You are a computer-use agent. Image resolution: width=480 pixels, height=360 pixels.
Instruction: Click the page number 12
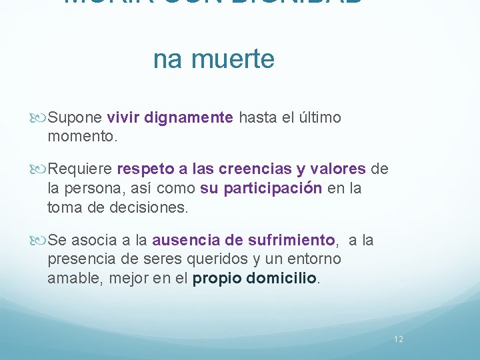point(399,339)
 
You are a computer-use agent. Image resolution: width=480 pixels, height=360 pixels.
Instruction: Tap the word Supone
point(75,118)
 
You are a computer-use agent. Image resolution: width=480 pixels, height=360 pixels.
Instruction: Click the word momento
point(81,137)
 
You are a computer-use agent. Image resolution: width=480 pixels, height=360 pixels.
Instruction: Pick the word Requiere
point(81,169)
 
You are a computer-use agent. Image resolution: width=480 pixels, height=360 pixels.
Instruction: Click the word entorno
point(315,259)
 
